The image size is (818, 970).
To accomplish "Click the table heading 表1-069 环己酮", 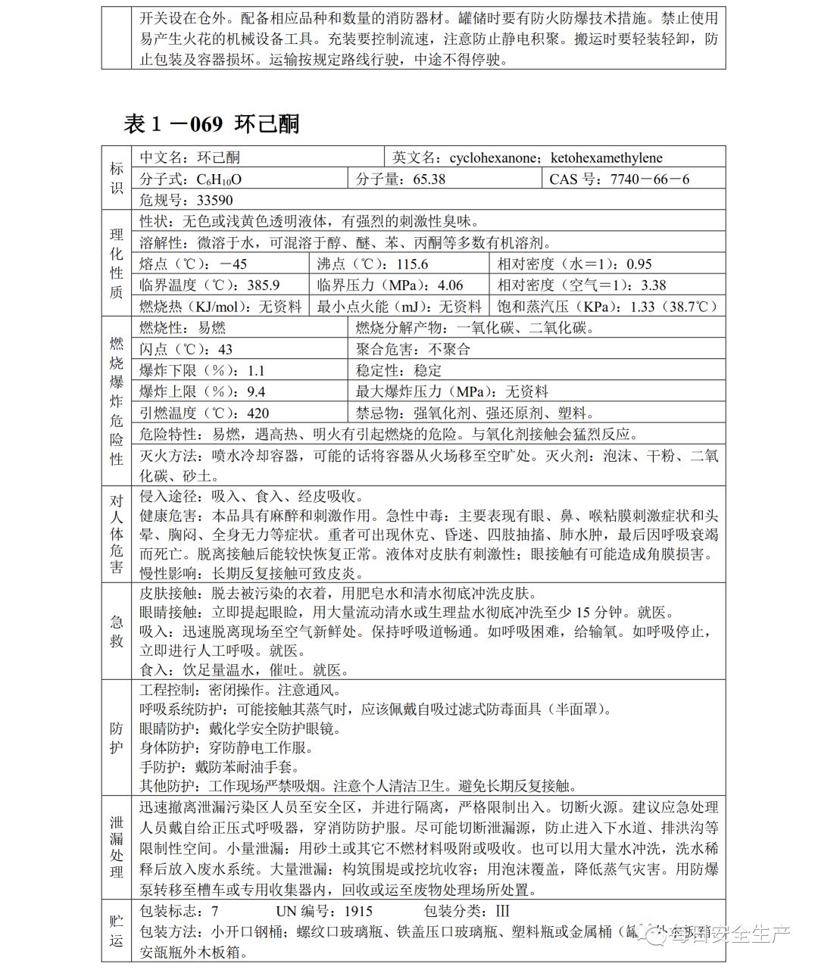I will click(x=211, y=123).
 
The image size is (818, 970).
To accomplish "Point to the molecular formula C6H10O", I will click(x=220, y=179).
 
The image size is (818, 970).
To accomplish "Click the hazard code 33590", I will click(x=214, y=201).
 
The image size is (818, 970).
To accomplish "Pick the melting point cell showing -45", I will click(x=233, y=264).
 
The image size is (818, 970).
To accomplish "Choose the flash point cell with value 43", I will click(x=225, y=349).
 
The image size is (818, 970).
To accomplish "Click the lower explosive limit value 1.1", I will click(x=256, y=370).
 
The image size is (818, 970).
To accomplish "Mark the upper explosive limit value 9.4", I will click(x=256, y=391).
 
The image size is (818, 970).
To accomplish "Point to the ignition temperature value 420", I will click(x=258, y=413).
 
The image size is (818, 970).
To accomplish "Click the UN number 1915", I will click(x=358, y=912).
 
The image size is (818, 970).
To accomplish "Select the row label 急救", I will click(x=117, y=632).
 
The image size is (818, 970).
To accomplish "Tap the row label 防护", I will click(x=117, y=738).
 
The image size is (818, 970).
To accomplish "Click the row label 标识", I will click(x=117, y=179).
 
